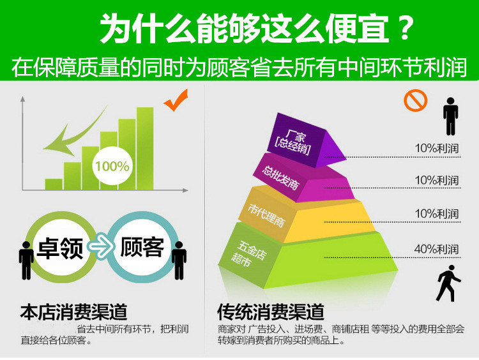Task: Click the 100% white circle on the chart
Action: pos(112,166)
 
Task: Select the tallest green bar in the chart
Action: pos(145,148)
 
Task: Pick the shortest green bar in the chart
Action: pos(54,184)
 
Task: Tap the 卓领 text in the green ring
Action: pos(60,248)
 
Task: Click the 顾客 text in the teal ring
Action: pos(142,247)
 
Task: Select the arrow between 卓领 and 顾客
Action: pos(100,245)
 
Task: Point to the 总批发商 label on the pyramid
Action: pos(280,177)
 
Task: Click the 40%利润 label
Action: pos(437,250)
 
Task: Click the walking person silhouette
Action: pos(448,283)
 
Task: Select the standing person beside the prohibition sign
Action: pos(451,116)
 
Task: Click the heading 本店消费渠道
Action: pos(73,311)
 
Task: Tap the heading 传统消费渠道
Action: pos(271,311)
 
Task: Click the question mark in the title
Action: pos(405,27)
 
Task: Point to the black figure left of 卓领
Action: pos(26,260)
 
